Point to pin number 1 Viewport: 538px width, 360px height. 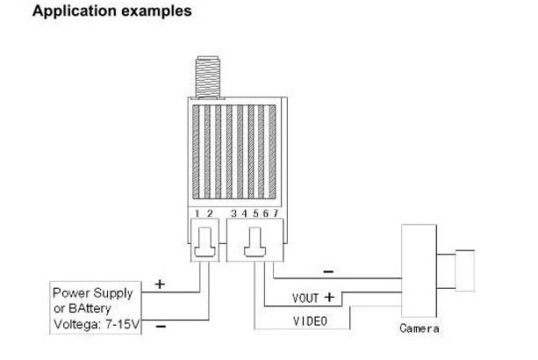[197, 213]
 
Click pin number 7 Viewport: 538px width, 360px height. [276, 213]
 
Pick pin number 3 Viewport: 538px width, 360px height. [233, 213]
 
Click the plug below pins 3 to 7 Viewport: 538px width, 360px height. [255, 242]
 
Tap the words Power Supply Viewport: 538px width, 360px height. [93, 292]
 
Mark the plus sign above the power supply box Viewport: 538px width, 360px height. [160, 284]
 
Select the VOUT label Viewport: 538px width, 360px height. [305, 299]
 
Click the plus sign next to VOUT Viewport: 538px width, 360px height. [330, 298]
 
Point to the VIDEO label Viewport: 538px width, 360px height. [309, 321]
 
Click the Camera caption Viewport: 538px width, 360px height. [420, 329]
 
